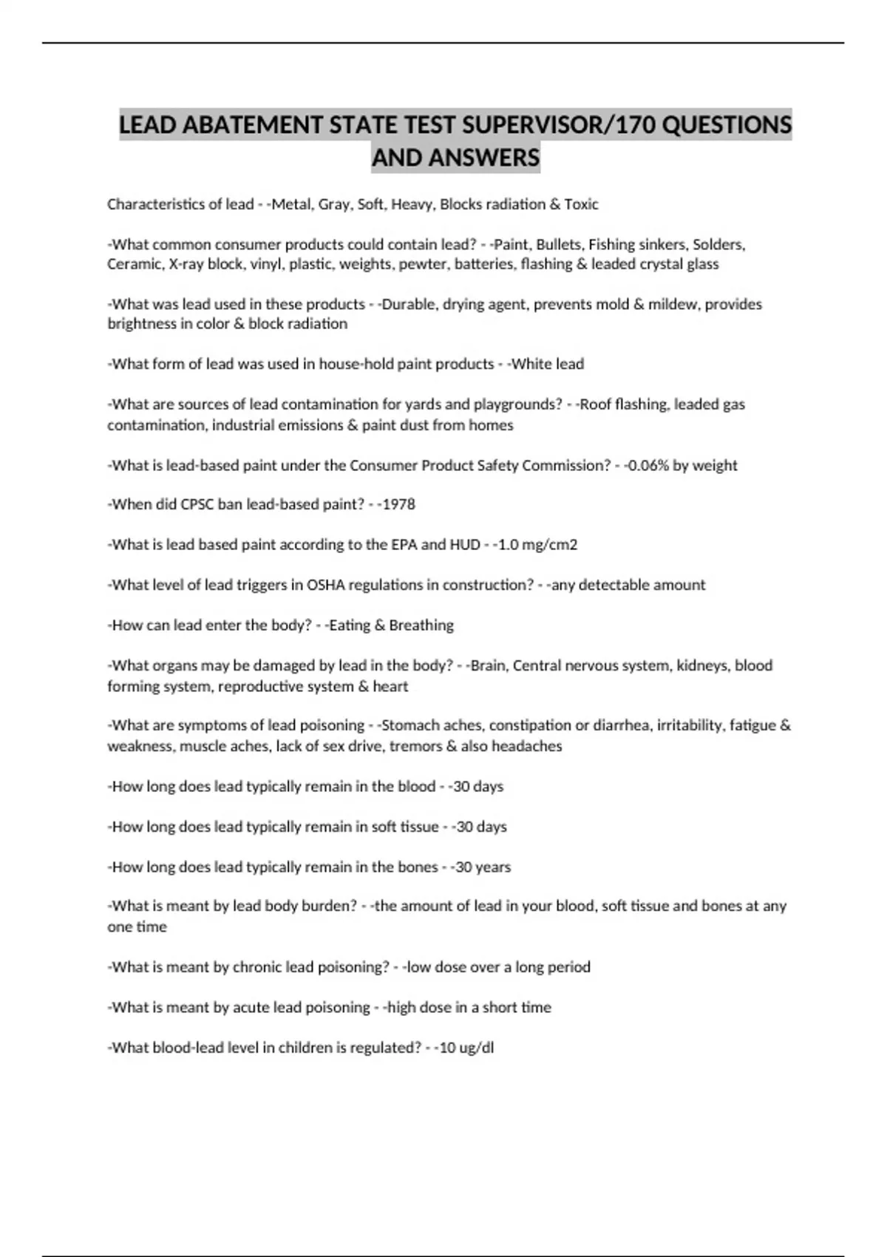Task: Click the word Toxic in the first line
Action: tap(581, 204)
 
